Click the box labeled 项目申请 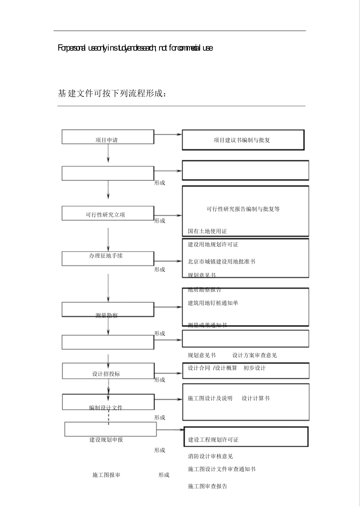click(108, 137)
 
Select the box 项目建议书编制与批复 click(243, 140)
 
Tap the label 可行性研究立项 click(105, 215)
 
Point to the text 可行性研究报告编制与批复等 click(243, 209)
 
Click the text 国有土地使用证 click(207, 231)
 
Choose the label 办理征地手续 click(106, 256)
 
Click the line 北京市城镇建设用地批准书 click(221, 262)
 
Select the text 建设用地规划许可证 click(213, 245)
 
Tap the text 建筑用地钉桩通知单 click(213, 303)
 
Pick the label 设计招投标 click(106, 374)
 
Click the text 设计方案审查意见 click(255, 355)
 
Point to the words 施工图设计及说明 click(210, 399)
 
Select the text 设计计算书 click(256, 399)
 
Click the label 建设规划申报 click(106, 440)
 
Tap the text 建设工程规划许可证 click(213, 440)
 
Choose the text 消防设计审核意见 click(210, 457)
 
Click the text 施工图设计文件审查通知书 click(222, 469)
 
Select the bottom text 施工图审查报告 click(207, 486)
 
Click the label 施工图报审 click(106, 475)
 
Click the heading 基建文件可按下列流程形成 click(112, 94)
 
